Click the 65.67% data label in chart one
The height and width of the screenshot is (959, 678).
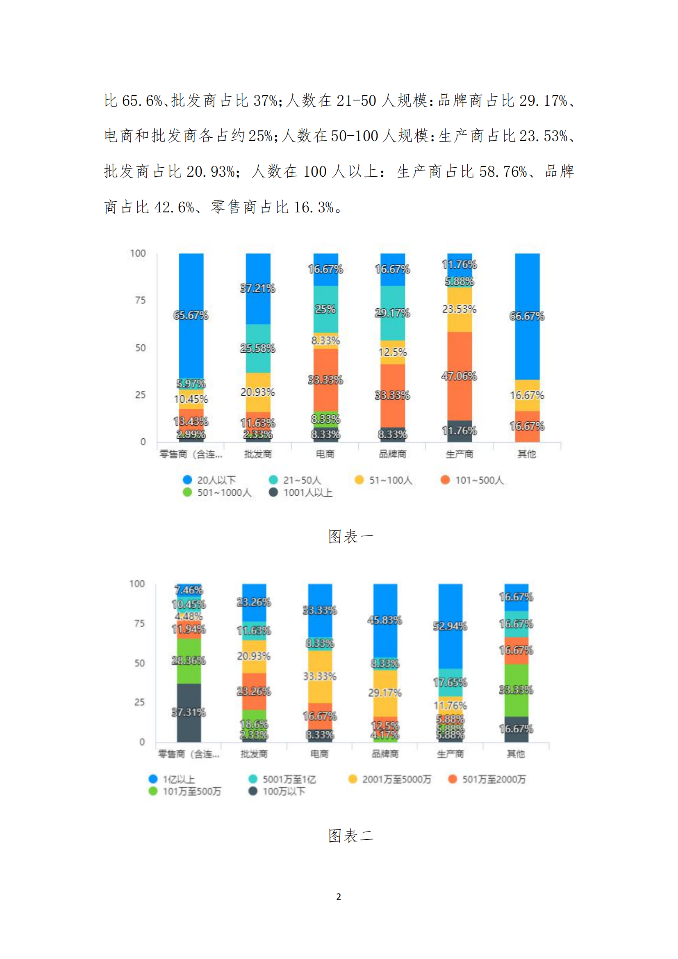pyautogui.click(x=191, y=315)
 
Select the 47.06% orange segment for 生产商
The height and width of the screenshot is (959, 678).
pyautogui.click(x=459, y=376)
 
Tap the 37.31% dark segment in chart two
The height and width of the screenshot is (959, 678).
pyautogui.click(x=189, y=713)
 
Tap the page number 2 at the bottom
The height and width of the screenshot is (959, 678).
pyautogui.click(x=339, y=897)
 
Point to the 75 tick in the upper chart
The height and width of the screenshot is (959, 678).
pyautogui.click(x=140, y=300)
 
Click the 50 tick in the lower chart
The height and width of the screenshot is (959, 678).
pyautogui.click(x=139, y=663)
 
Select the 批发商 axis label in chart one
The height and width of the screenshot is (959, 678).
pyautogui.click(x=258, y=454)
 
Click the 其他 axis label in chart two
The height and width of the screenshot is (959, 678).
pyautogui.click(x=516, y=754)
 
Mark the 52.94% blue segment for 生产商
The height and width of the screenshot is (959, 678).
pyautogui.click(x=450, y=626)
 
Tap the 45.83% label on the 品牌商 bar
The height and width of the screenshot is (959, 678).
pyautogui.click(x=385, y=620)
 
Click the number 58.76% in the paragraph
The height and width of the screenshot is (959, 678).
pyautogui.click(x=503, y=172)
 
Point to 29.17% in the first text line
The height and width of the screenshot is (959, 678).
pyautogui.click(x=543, y=101)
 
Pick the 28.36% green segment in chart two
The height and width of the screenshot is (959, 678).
pyautogui.click(x=189, y=661)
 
